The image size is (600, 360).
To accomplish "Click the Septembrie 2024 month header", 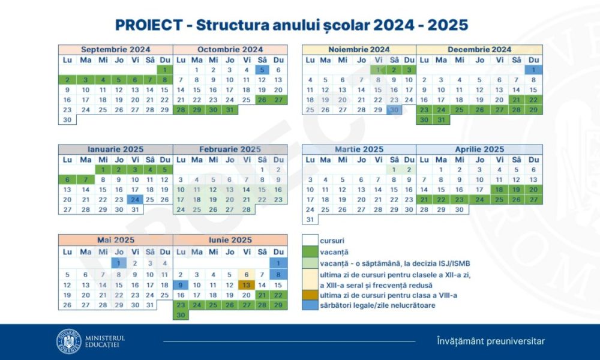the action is [x=116, y=49].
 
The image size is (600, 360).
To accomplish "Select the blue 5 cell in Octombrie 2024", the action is [x=262, y=70].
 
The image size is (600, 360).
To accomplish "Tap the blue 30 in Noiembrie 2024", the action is [x=394, y=110].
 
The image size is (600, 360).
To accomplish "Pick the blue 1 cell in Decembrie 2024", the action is [x=533, y=70].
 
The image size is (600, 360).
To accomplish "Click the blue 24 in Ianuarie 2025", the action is [x=135, y=200].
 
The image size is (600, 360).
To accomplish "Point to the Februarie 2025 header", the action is [x=230, y=149].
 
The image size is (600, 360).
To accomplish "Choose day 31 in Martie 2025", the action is [x=310, y=220].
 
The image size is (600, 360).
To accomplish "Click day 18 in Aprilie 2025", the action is [x=499, y=190].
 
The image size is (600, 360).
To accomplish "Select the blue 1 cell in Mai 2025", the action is [x=119, y=263].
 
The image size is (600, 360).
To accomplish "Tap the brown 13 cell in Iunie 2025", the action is [x=247, y=285].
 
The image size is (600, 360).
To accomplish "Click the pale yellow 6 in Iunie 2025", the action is [x=247, y=274].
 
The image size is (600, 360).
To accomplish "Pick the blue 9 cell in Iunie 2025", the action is [x=181, y=285].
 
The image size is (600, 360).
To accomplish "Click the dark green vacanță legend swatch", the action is [x=310, y=252].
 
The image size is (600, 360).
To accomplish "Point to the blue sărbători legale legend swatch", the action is [x=310, y=305].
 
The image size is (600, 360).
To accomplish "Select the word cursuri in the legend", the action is [x=332, y=241].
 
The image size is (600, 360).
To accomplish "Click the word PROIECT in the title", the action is [x=149, y=25].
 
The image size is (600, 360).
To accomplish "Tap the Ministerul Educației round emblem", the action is [x=69, y=341].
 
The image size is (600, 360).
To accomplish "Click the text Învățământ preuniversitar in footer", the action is [x=491, y=341].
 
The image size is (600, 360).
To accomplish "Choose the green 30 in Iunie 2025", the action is [x=181, y=315].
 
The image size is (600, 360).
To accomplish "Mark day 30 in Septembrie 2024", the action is [x=67, y=120].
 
